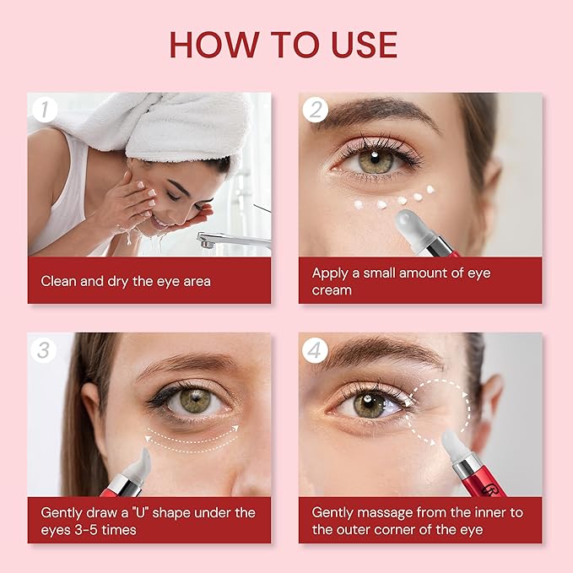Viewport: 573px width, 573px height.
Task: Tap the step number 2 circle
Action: click(315, 108)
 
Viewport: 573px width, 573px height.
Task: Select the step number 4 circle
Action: click(315, 349)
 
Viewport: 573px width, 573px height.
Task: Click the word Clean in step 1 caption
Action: click(60, 280)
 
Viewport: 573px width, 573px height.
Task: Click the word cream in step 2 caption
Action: click(332, 289)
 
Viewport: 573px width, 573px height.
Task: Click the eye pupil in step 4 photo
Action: click(370, 403)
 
